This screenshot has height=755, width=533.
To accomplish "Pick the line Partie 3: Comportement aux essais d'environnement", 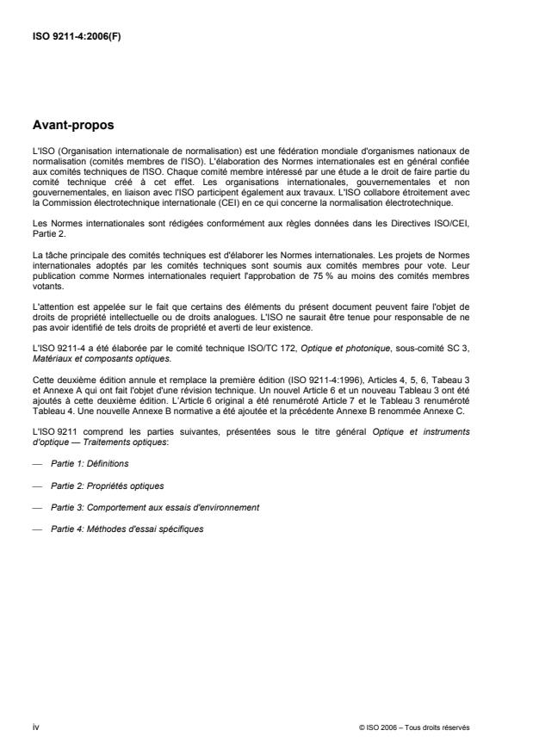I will pyautogui.click(x=142, y=507).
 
